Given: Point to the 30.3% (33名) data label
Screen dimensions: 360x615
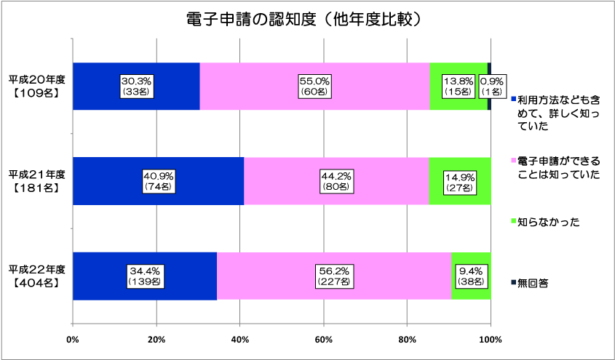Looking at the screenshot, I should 136,86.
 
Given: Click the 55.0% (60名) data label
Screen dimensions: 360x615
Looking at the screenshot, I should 314,86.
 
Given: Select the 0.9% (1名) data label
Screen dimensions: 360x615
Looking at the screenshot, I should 491,86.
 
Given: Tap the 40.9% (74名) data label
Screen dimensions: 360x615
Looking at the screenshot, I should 157,180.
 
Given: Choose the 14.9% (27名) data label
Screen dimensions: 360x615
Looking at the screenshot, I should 459,180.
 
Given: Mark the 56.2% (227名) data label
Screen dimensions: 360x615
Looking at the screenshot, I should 334,276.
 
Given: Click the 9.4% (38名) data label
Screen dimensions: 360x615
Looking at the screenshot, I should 471,276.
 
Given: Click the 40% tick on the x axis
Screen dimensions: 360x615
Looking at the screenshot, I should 240,340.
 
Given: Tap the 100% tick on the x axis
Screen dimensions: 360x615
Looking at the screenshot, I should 491,340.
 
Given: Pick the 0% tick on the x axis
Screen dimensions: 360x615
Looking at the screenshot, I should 73,340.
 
